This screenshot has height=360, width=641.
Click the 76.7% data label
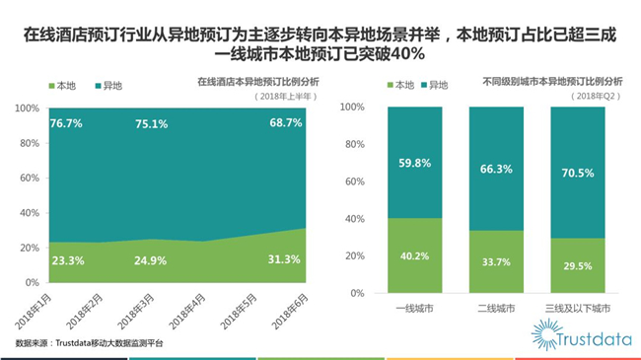[x=66, y=123]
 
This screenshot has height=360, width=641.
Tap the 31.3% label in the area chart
[x=284, y=259]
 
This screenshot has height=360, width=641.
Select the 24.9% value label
[x=151, y=260]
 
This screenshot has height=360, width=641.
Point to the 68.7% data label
[x=286, y=122]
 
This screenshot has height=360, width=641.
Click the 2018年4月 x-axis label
[x=187, y=311]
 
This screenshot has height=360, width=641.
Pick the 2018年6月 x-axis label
[x=290, y=311]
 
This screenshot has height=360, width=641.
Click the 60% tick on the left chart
[x=30, y=178]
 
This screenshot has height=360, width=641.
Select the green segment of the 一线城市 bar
[x=415, y=255]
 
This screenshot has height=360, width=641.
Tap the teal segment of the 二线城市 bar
[x=496, y=169]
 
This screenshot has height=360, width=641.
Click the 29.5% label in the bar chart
[x=578, y=266]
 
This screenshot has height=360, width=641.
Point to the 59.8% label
[x=415, y=163]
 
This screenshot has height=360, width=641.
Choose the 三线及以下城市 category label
[x=578, y=308]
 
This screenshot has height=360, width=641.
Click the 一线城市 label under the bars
[x=415, y=308]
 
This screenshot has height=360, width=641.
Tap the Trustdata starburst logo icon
[x=545, y=334]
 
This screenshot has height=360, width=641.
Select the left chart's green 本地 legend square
[x=52, y=86]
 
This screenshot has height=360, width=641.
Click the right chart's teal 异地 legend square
[x=424, y=85]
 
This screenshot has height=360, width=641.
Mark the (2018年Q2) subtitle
[x=596, y=96]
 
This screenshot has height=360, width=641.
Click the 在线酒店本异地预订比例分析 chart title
[x=258, y=82]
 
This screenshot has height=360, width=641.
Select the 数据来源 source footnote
[x=89, y=343]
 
